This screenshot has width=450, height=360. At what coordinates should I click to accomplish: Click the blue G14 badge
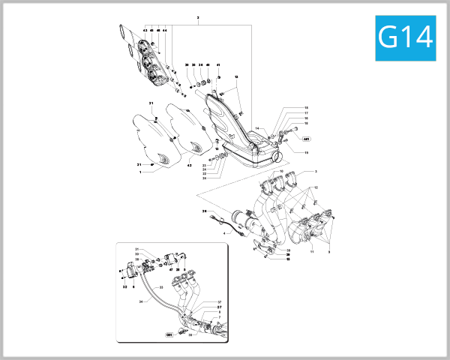click(405, 37)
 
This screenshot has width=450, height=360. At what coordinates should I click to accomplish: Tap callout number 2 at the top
click(198, 16)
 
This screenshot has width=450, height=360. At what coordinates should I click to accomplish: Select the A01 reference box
click(306, 139)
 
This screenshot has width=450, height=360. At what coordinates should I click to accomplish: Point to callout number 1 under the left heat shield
click(139, 172)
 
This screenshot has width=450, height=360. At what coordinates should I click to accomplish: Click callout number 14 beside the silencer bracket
click(256, 129)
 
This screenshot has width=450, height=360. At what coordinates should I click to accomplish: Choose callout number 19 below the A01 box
click(306, 152)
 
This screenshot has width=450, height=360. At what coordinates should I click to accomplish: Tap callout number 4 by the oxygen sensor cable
click(223, 233)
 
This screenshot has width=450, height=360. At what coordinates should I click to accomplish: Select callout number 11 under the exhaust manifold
click(311, 252)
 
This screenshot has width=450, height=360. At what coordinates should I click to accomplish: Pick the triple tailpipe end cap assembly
click(142, 56)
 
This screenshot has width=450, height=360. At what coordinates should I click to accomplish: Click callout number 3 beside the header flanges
click(316, 172)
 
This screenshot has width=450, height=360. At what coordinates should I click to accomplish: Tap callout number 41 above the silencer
click(218, 65)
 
